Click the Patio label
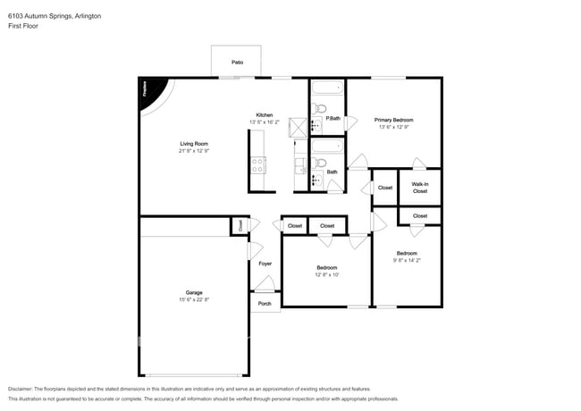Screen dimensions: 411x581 click(x=237, y=63)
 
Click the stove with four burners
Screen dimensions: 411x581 click(x=258, y=165)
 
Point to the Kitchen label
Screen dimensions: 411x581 click(x=265, y=115)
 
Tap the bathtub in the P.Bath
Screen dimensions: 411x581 click(x=327, y=89)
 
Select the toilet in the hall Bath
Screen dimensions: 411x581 click(x=318, y=163)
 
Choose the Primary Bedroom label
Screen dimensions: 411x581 click(x=394, y=120)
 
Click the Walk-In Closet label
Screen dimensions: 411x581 click(x=419, y=188)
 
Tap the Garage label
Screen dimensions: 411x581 click(x=194, y=292)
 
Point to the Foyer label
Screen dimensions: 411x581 click(x=265, y=264)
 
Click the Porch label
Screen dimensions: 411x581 click(x=265, y=304)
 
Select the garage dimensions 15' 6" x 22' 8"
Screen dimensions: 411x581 click(x=194, y=299)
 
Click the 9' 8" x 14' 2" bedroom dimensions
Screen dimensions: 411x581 click(x=407, y=261)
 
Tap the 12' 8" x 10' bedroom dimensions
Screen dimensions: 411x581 click(x=326, y=274)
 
